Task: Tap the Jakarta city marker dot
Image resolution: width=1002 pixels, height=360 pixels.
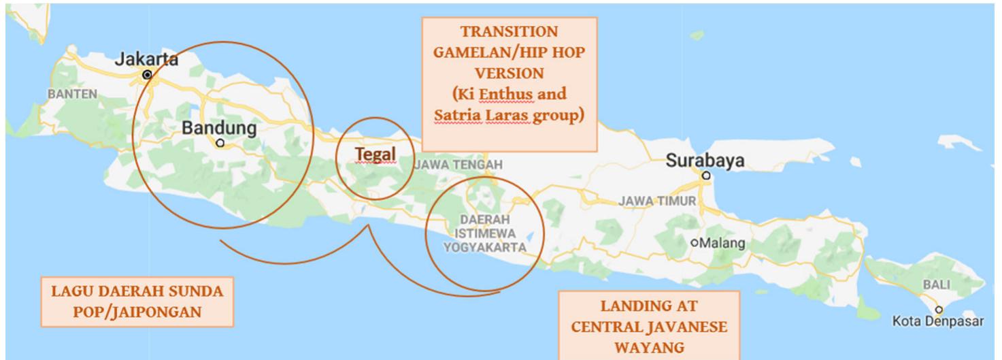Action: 146,73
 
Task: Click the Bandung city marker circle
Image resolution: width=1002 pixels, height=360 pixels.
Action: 219,143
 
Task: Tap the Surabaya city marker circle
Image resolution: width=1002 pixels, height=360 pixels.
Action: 706,176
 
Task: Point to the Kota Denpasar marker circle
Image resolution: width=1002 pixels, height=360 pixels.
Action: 940,309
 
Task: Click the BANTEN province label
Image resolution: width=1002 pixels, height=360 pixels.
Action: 73,93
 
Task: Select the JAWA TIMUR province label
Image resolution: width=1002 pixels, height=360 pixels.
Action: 657,201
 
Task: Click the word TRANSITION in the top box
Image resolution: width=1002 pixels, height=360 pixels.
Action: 509,31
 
